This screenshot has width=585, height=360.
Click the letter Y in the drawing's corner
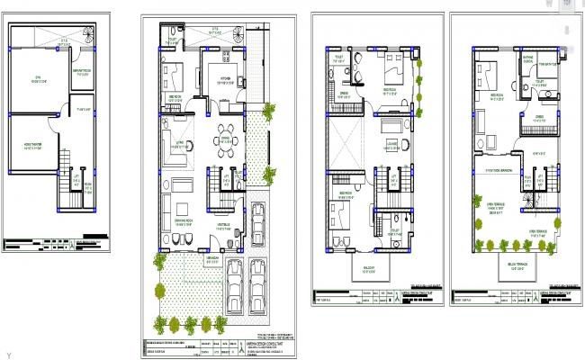(8, 354)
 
